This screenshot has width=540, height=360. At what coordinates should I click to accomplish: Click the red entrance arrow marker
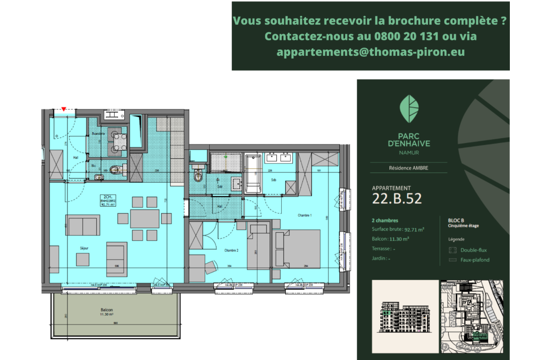click(64, 109)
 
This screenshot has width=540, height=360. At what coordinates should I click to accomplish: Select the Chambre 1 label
click(305, 216)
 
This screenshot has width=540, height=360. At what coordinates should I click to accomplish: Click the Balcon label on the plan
click(107, 310)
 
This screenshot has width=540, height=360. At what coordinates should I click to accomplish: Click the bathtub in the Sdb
click(253, 174)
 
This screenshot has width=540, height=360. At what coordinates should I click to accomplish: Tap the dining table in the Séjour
click(144, 218)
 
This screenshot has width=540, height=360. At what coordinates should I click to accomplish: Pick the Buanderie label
click(99, 134)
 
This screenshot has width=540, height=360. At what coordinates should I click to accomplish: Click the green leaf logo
click(409, 109)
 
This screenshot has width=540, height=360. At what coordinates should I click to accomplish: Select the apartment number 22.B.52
click(397, 198)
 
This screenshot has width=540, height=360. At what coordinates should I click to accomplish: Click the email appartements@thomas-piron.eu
click(370, 52)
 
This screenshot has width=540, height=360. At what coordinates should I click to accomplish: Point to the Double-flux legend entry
click(473, 250)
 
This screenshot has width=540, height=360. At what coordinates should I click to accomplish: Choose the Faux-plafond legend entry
click(474, 260)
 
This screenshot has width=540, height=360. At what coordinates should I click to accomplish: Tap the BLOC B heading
click(456, 220)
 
